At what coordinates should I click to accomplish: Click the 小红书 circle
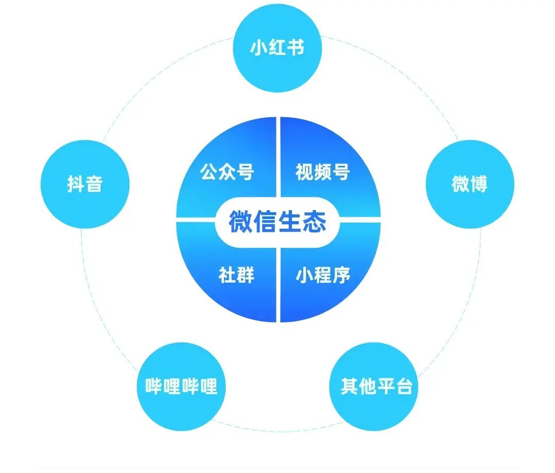[277, 48]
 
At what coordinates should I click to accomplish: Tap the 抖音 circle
[85, 184]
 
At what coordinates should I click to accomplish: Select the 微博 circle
[470, 184]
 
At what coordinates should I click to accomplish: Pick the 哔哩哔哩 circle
[181, 387]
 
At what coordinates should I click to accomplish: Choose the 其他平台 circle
[374, 387]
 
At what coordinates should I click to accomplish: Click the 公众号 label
[227, 172]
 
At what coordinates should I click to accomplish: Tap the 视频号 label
[322, 172]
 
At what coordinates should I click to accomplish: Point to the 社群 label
[236, 275]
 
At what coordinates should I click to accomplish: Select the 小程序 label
[322, 275]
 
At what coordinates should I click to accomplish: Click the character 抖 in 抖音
[76, 184]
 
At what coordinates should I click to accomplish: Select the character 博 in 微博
[479, 184]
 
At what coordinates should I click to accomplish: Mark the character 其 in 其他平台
[349, 387]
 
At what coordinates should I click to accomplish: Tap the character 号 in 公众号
[245, 172]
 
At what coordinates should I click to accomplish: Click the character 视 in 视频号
[304, 172]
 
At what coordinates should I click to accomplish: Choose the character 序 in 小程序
[341, 275]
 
